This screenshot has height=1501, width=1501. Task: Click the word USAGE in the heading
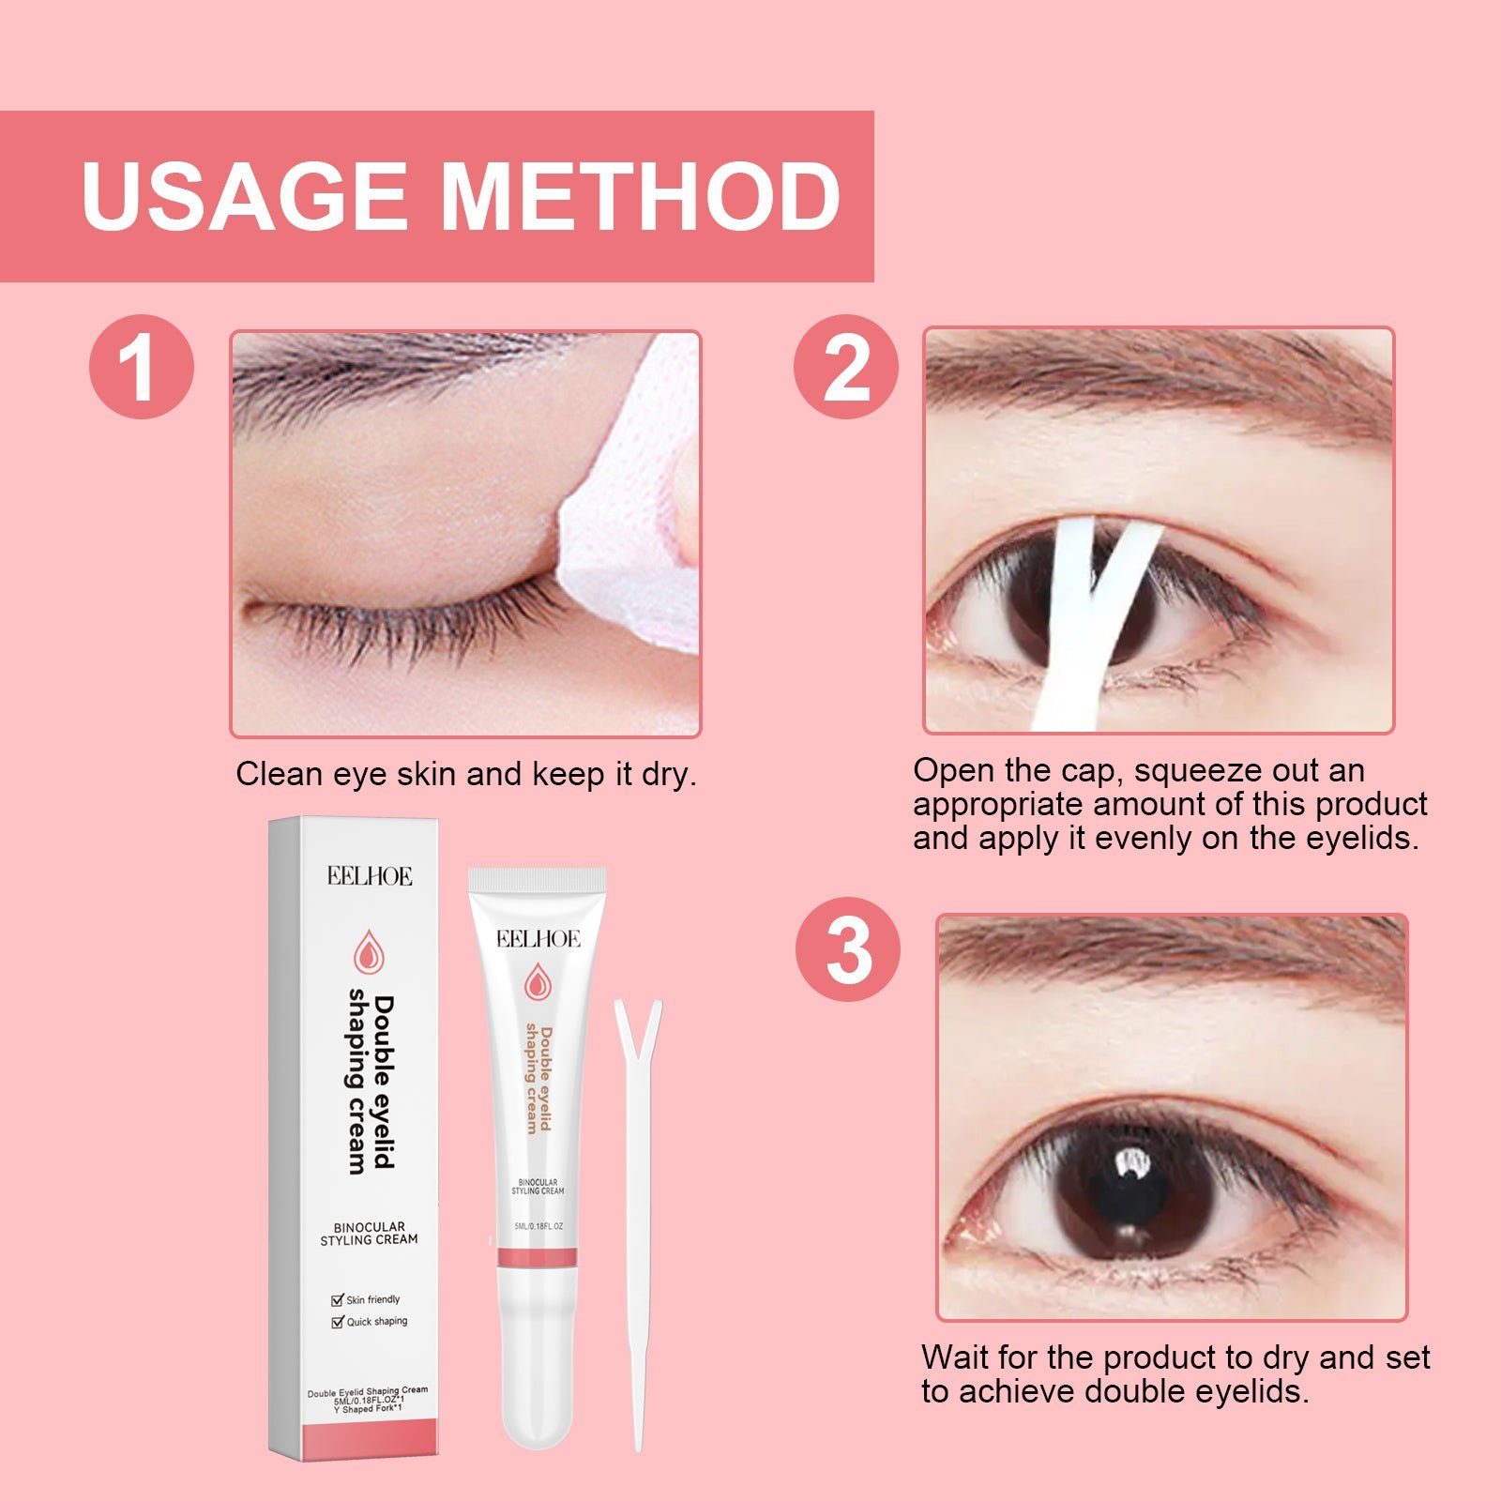coord(245,196)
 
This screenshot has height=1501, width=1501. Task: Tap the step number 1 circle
coord(142,366)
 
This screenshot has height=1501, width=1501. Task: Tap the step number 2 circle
coord(845,366)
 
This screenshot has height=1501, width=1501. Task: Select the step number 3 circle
coord(848,948)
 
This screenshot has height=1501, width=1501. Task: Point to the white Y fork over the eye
coord(1087,619)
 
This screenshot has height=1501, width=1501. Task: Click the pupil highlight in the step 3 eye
coord(1134,1166)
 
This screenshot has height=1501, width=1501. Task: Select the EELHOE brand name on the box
coord(370,876)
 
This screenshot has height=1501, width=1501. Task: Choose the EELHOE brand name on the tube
coord(538,939)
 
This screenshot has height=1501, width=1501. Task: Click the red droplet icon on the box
coord(369,952)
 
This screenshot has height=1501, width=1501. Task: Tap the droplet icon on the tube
coord(538,981)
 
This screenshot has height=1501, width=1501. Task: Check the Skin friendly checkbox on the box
coord(338,1299)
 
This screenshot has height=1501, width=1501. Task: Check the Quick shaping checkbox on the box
coord(338,1322)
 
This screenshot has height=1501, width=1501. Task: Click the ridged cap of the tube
coord(537,879)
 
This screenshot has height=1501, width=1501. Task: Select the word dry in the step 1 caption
coord(669,775)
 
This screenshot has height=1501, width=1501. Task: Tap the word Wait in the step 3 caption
coord(955,1357)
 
